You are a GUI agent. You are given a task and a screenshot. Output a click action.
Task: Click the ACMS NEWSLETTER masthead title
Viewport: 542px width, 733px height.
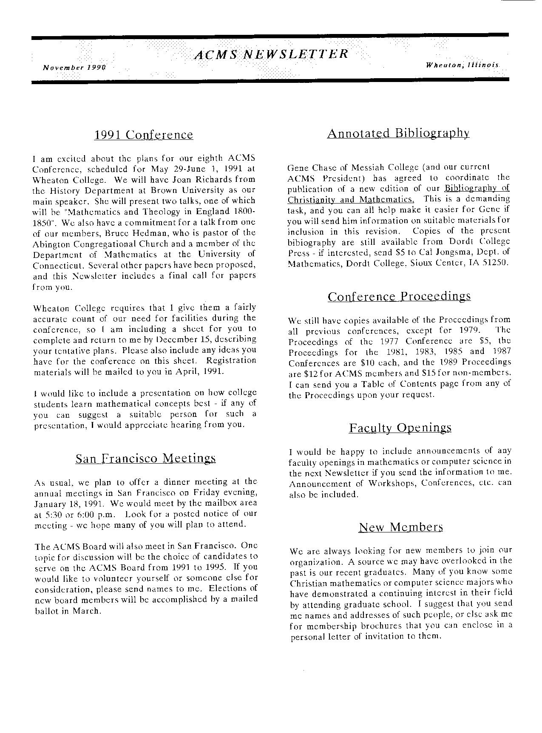click(x=271, y=54)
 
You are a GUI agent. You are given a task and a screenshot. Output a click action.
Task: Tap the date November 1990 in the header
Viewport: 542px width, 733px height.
click(x=74, y=67)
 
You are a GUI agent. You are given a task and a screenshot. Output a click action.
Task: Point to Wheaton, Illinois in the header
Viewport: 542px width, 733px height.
click(x=462, y=65)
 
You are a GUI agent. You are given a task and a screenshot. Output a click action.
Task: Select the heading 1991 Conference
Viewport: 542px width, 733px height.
click(x=143, y=135)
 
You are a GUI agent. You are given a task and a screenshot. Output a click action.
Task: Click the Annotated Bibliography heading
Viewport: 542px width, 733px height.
click(x=398, y=133)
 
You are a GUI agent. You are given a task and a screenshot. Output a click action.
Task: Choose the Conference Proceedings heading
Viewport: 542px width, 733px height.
click(x=399, y=296)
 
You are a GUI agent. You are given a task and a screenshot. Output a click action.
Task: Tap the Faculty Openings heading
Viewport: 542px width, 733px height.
click(x=400, y=427)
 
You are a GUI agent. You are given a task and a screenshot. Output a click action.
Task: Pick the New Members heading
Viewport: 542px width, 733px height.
click(x=401, y=527)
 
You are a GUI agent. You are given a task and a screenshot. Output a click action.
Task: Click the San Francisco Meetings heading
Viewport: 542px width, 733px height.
click(x=145, y=458)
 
